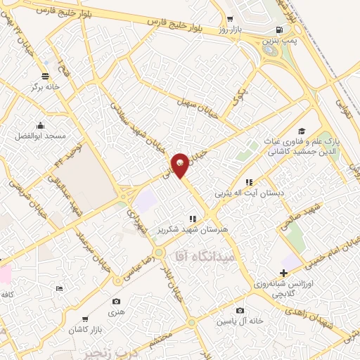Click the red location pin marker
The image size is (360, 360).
181,164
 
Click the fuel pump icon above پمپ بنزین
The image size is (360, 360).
280,30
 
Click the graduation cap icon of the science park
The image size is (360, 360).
302,131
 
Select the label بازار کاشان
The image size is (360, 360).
86,329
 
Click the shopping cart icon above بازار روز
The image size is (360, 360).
231,20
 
